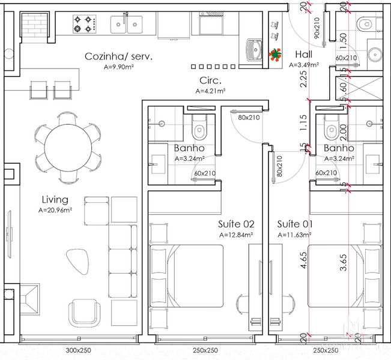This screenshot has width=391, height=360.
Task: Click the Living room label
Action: tap(55, 200)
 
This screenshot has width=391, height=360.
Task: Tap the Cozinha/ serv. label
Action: tap(118, 56)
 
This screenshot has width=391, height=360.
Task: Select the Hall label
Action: tap(304, 54)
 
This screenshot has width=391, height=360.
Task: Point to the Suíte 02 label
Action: tap(236, 224)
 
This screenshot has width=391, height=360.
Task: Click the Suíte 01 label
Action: tap(295, 224)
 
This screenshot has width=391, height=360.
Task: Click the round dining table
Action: tap(68, 148)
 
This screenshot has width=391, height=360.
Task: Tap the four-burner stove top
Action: tap(85, 24)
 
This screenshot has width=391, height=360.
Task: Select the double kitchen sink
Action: tap(126, 25)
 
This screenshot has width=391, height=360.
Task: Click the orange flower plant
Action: tap(275, 55)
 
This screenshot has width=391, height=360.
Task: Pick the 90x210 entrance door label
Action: tap(317, 28)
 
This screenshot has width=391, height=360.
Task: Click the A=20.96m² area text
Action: tap(55, 210)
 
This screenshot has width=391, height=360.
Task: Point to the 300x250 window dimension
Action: tap(78, 350)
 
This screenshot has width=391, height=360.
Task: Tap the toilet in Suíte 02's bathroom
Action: tap(199, 127)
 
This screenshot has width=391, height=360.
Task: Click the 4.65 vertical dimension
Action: tap(303, 260)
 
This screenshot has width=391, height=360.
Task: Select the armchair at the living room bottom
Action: tap(84, 313)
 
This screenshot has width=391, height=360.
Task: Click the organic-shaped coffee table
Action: tap(77, 262)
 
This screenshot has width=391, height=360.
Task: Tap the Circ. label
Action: tap(210, 80)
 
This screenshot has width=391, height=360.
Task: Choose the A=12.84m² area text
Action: tap(237, 235)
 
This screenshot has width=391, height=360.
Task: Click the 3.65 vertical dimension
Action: tap(344, 262)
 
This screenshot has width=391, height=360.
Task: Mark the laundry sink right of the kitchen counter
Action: tap(254, 49)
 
